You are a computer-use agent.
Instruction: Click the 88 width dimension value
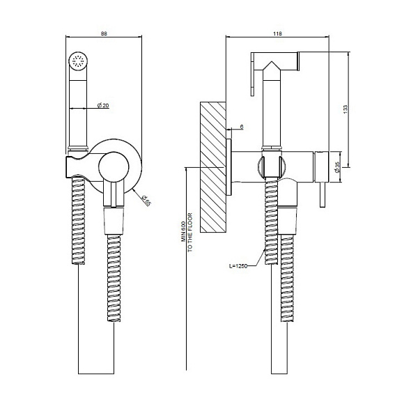coord(104,33)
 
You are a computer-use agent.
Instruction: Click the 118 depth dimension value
coord(277,33)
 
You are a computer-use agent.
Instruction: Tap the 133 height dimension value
coord(346,109)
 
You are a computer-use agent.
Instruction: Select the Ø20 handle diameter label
coord(103,105)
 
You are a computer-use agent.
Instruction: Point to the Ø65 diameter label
coord(146,201)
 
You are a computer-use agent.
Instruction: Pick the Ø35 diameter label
coord(337,167)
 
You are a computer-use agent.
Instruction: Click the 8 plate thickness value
coord(242,127)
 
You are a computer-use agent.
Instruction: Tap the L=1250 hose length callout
coord(238,266)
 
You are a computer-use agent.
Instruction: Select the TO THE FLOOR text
coord(190,232)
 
